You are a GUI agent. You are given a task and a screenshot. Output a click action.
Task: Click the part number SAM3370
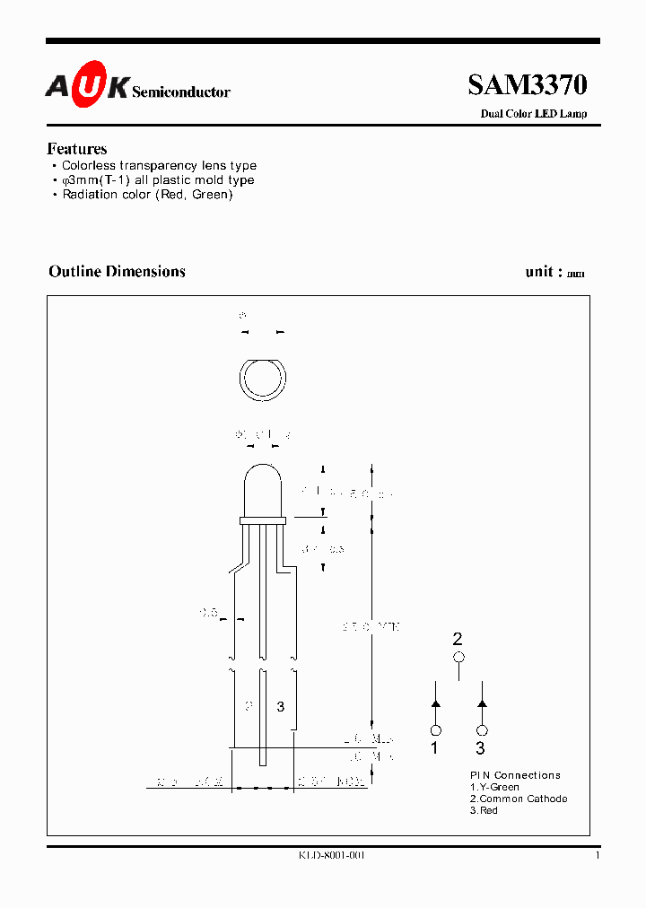click(x=527, y=85)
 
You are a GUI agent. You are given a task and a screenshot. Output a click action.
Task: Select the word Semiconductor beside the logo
click(x=181, y=92)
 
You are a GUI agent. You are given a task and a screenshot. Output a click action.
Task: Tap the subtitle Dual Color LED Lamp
click(x=534, y=114)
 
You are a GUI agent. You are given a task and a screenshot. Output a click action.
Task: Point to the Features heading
click(x=77, y=149)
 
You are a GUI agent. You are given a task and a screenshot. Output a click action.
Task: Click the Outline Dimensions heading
click(x=117, y=271)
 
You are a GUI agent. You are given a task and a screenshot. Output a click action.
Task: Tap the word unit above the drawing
click(x=544, y=272)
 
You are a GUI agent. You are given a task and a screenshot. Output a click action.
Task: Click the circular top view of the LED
click(x=262, y=380)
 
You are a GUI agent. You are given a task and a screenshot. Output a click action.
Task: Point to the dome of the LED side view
click(x=262, y=489)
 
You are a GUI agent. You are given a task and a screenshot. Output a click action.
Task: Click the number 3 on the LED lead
click(x=280, y=707)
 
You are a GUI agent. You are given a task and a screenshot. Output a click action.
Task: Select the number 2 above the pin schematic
click(x=458, y=639)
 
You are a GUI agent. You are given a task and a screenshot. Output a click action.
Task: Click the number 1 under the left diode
click(x=435, y=748)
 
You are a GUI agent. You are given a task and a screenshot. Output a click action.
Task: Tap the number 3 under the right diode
click(x=481, y=748)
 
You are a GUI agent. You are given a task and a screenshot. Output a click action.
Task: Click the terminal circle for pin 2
click(x=458, y=658)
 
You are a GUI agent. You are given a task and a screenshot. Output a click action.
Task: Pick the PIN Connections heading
click(x=515, y=775)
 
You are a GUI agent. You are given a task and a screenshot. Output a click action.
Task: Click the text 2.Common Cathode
click(x=519, y=799)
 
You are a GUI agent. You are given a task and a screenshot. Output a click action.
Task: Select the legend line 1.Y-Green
click(x=494, y=787)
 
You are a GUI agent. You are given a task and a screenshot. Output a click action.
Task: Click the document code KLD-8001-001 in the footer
click(x=332, y=856)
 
